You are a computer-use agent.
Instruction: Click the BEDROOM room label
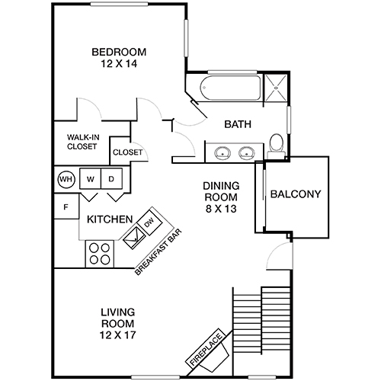(119, 52)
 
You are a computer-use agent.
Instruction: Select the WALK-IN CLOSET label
(81, 142)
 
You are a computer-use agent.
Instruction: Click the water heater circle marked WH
(65, 180)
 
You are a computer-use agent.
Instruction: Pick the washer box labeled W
(90, 180)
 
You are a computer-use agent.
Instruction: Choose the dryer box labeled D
(111, 180)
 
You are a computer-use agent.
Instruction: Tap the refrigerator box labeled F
(66, 206)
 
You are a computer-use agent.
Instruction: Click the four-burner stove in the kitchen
(98, 252)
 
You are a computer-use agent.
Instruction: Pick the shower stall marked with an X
(275, 88)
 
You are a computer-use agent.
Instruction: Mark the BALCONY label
(296, 194)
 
